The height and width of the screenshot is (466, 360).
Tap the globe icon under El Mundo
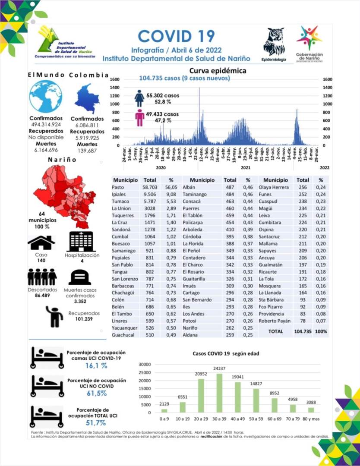(x=45, y=96)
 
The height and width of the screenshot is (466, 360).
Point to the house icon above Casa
(x=41, y=243)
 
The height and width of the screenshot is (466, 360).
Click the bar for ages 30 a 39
(x=219, y=393)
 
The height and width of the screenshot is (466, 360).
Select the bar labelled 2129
(x=164, y=410)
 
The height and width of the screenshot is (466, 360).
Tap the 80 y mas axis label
(x=311, y=419)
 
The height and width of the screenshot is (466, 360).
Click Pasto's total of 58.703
(x=149, y=187)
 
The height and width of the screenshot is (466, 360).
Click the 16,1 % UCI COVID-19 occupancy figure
(x=96, y=365)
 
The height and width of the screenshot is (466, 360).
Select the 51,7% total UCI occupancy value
(x=96, y=422)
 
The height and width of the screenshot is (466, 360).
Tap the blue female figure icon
(x=139, y=98)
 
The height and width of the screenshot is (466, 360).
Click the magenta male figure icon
(x=139, y=117)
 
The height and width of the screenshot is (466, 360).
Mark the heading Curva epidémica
(x=218, y=71)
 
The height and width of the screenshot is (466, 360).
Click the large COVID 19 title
(x=176, y=36)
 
